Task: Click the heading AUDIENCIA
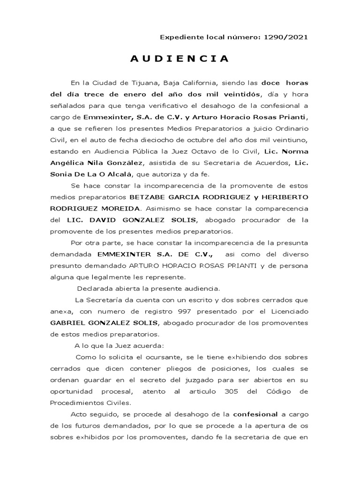180,59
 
